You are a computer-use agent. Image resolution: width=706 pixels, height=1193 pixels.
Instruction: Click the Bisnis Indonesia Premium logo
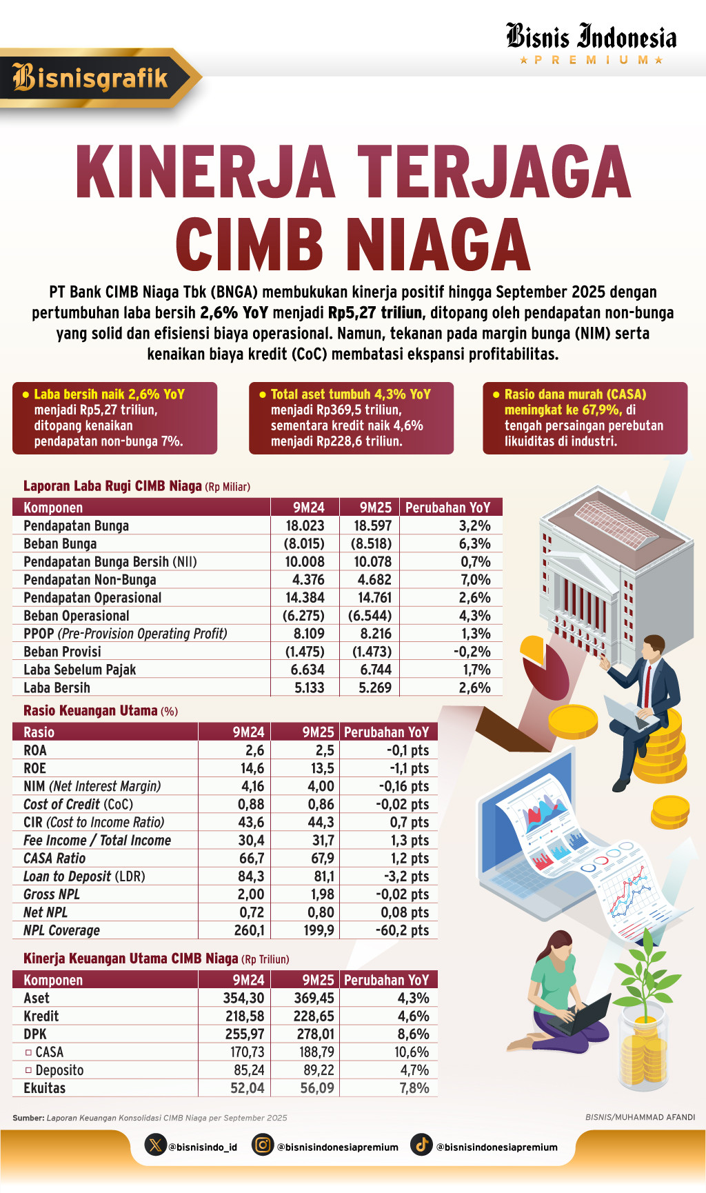591,43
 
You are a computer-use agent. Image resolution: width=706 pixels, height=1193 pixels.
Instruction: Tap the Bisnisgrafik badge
92,78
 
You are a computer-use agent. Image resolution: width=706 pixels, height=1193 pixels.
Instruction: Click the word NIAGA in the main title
437,245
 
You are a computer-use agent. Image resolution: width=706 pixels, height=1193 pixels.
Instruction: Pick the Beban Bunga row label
60,543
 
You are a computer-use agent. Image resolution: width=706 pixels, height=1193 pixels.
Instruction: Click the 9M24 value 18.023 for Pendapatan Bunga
305,525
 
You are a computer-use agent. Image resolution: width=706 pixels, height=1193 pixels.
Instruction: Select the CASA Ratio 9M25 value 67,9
322,858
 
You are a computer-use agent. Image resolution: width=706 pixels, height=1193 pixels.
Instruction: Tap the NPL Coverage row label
61,930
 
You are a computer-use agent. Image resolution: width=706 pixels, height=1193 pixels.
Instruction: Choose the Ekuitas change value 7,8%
414,1087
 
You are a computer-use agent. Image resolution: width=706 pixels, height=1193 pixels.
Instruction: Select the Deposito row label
59,1070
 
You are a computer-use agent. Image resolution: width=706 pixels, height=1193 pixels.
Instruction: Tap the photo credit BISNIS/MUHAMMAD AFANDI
640,1117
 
